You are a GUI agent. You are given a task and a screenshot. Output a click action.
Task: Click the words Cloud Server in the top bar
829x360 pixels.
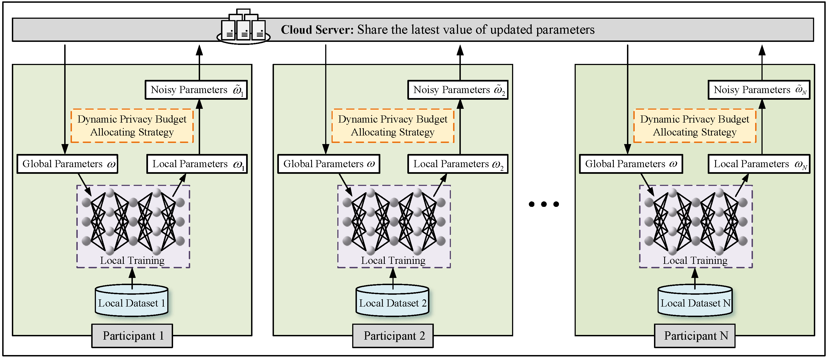tap(317, 29)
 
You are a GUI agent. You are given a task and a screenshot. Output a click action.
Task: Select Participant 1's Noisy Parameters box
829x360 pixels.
tap(196, 90)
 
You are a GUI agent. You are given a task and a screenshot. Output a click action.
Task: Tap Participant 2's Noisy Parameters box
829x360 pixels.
tap(457, 90)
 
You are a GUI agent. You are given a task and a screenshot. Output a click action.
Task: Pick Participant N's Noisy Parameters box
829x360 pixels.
tap(759, 90)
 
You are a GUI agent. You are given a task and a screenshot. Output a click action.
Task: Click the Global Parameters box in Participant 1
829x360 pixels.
tap(67, 164)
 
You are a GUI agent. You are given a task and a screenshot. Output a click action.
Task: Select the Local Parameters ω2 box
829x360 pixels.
tap(457, 164)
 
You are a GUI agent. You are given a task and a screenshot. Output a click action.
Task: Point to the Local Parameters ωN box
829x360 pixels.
tap(759, 164)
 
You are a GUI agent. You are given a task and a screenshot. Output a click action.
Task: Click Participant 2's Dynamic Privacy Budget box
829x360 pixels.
tap(393, 126)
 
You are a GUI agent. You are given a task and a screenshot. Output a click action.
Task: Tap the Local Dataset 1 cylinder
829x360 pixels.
tap(132, 301)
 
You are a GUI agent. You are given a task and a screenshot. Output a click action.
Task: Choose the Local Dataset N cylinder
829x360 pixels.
tap(695, 301)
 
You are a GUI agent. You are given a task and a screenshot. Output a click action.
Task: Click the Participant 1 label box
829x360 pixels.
tap(132, 336)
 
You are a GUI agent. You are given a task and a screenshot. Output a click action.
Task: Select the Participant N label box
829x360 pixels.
tap(695, 336)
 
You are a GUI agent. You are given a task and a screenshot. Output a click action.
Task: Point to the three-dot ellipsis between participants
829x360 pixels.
tap(543, 204)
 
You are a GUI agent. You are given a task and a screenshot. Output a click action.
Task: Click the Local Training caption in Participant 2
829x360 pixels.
tap(393, 260)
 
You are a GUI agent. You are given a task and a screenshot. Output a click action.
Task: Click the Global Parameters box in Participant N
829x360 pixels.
tap(631, 164)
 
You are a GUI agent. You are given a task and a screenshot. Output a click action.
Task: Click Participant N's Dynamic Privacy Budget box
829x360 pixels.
tap(695, 126)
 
